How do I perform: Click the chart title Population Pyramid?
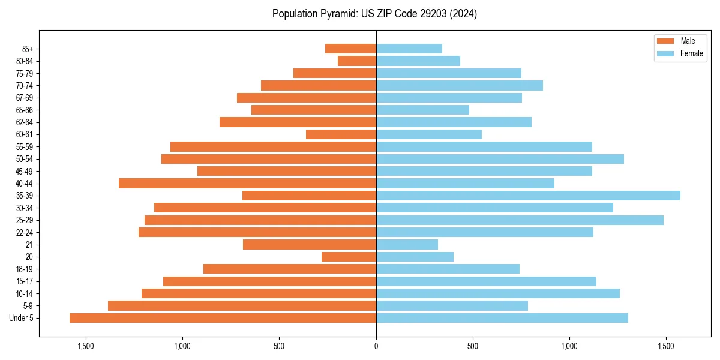(x=374, y=14)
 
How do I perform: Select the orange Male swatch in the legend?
(x=665, y=41)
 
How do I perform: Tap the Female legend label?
(x=691, y=53)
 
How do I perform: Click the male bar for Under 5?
(x=223, y=318)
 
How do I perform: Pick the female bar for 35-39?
(x=528, y=196)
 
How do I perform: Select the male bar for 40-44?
(x=247, y=184)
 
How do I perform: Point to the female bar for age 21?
(x=407, y=245)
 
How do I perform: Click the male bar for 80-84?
(x=357, y=61)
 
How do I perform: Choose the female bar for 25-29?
(x=520, y=220)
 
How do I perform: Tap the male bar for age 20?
(x=349, y=257)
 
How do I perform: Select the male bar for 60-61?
(x=341, y=134)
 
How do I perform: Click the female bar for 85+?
(x=409, y=49)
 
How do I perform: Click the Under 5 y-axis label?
(x=21, y=318)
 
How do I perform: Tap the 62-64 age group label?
(x=24, y=122)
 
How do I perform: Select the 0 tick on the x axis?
(x=376, y=346)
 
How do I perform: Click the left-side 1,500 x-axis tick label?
(x=86, y=346)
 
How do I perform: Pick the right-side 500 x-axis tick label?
(x=473, y=346)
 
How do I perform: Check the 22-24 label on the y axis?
(x=24, y=232)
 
